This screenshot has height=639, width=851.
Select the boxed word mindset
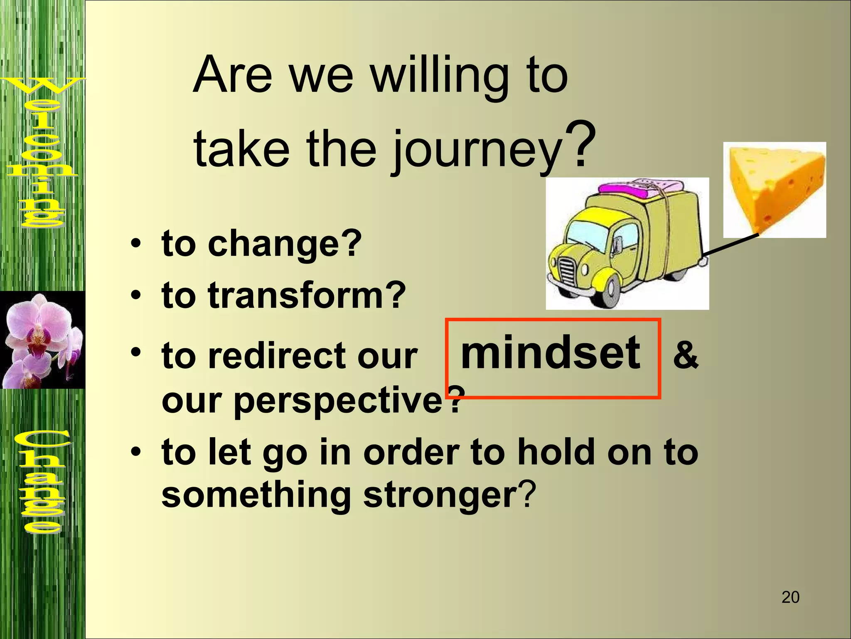pyautogui.click(x=551, y=353)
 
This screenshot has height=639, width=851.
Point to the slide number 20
pyautogui.click(x=790, y=597)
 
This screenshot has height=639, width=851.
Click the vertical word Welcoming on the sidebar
pyautogui.click(x=42, y=152)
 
